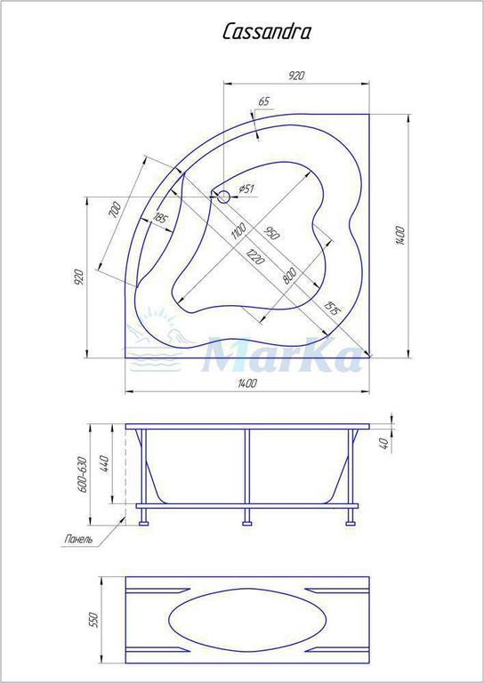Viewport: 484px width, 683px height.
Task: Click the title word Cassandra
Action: [267, 32]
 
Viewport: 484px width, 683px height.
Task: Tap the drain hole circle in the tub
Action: [223, 197]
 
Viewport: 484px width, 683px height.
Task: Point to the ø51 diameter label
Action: [246, 189]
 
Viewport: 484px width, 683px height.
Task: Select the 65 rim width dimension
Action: [264, 101]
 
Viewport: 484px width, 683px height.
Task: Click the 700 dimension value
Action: [115, 210]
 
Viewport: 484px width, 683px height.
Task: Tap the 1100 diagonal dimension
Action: [238, 231]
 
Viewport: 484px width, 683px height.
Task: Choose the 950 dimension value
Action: [270, 233]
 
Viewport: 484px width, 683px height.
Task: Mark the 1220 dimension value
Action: [254, 256]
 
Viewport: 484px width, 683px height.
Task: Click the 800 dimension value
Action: [289, 276]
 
